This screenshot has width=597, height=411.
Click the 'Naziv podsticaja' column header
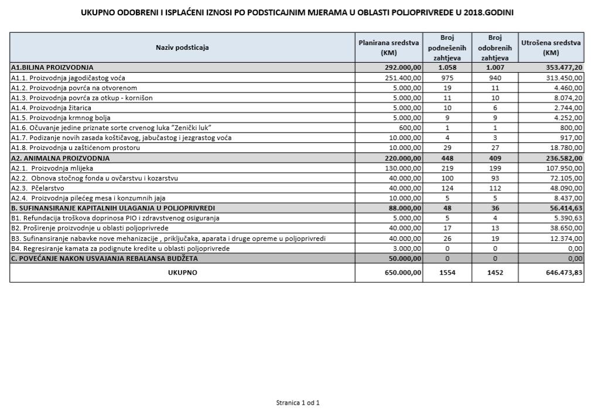pyautogui.click(x=182, y=47)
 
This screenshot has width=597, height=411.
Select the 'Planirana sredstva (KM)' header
pyautogui.click(x=388, y=47)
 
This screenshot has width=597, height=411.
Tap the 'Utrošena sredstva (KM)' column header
pyautogui.click(x=551, y=47)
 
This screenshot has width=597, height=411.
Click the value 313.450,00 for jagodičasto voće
pyautogui.click(x=563, y=78)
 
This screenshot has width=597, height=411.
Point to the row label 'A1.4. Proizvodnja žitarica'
pyautogui.click(x=51, y=108)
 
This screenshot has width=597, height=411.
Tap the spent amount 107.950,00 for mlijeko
pyautogui.click(x=563, y=168)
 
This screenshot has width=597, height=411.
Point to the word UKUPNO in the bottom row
pyautogui.click(x=182, y=273)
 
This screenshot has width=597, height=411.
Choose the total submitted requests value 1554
pyautogui.click(x=447, y=273)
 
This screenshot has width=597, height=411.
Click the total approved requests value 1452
pyautogui.click(x=494, y=273)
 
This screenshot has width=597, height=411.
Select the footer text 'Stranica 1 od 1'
pyautogui.click(x=298, y=403)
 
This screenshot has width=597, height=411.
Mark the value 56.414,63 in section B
pyautogui.click(x=563, y=208)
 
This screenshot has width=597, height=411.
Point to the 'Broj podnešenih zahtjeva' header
pyautogui.click(x=447, y=47)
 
